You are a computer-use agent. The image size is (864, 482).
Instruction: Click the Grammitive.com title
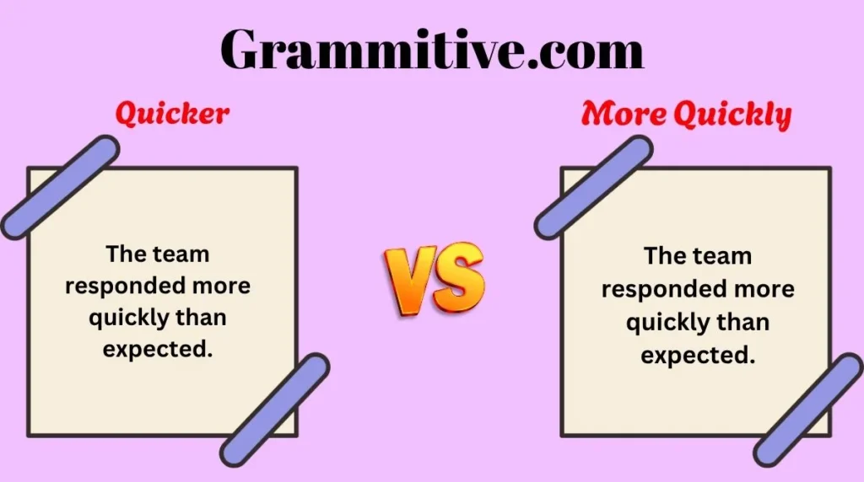[432, 51]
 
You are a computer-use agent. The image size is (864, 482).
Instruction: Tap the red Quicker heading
[172, 115]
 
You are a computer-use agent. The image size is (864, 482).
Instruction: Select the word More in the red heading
[624, 114]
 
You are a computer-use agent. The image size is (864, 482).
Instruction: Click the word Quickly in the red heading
[732, 115]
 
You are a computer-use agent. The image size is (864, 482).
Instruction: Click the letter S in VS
[458, 276]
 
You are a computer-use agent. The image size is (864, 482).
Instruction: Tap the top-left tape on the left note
[60, 187]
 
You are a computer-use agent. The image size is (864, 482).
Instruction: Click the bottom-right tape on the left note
[274, 410]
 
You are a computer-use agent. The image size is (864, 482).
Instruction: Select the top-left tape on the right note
[593, 187]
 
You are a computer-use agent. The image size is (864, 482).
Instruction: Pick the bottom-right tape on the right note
[807, 410]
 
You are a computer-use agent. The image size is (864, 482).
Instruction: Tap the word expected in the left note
[158, 350]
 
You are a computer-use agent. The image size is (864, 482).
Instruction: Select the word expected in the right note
[698, 356]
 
